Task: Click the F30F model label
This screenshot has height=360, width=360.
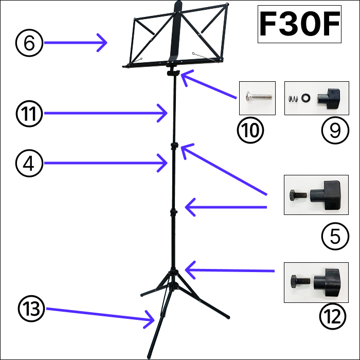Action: [x=299, y=24]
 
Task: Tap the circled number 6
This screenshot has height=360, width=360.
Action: [x=29, y=43]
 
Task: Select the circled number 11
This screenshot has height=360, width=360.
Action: [x=29, y=113]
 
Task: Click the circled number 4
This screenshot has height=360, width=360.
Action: [x=29, y=163]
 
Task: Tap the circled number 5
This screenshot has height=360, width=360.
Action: [x=335, y=236]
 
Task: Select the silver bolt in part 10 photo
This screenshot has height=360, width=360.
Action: [x=258, y=97]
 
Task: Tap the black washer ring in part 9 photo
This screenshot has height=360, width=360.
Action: [x=307, y=98]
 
